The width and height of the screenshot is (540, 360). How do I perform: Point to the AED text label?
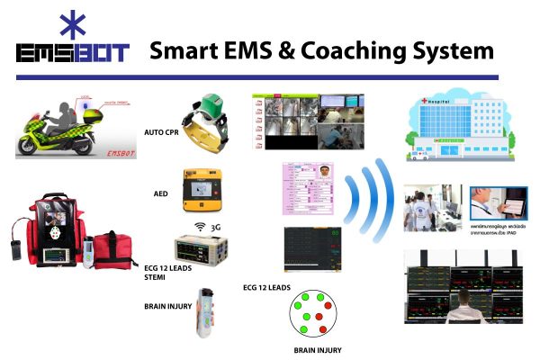point(165,193)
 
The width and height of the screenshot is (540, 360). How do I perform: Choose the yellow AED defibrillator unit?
point(203,188)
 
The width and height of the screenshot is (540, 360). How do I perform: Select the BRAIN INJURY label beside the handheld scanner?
point(167,305)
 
